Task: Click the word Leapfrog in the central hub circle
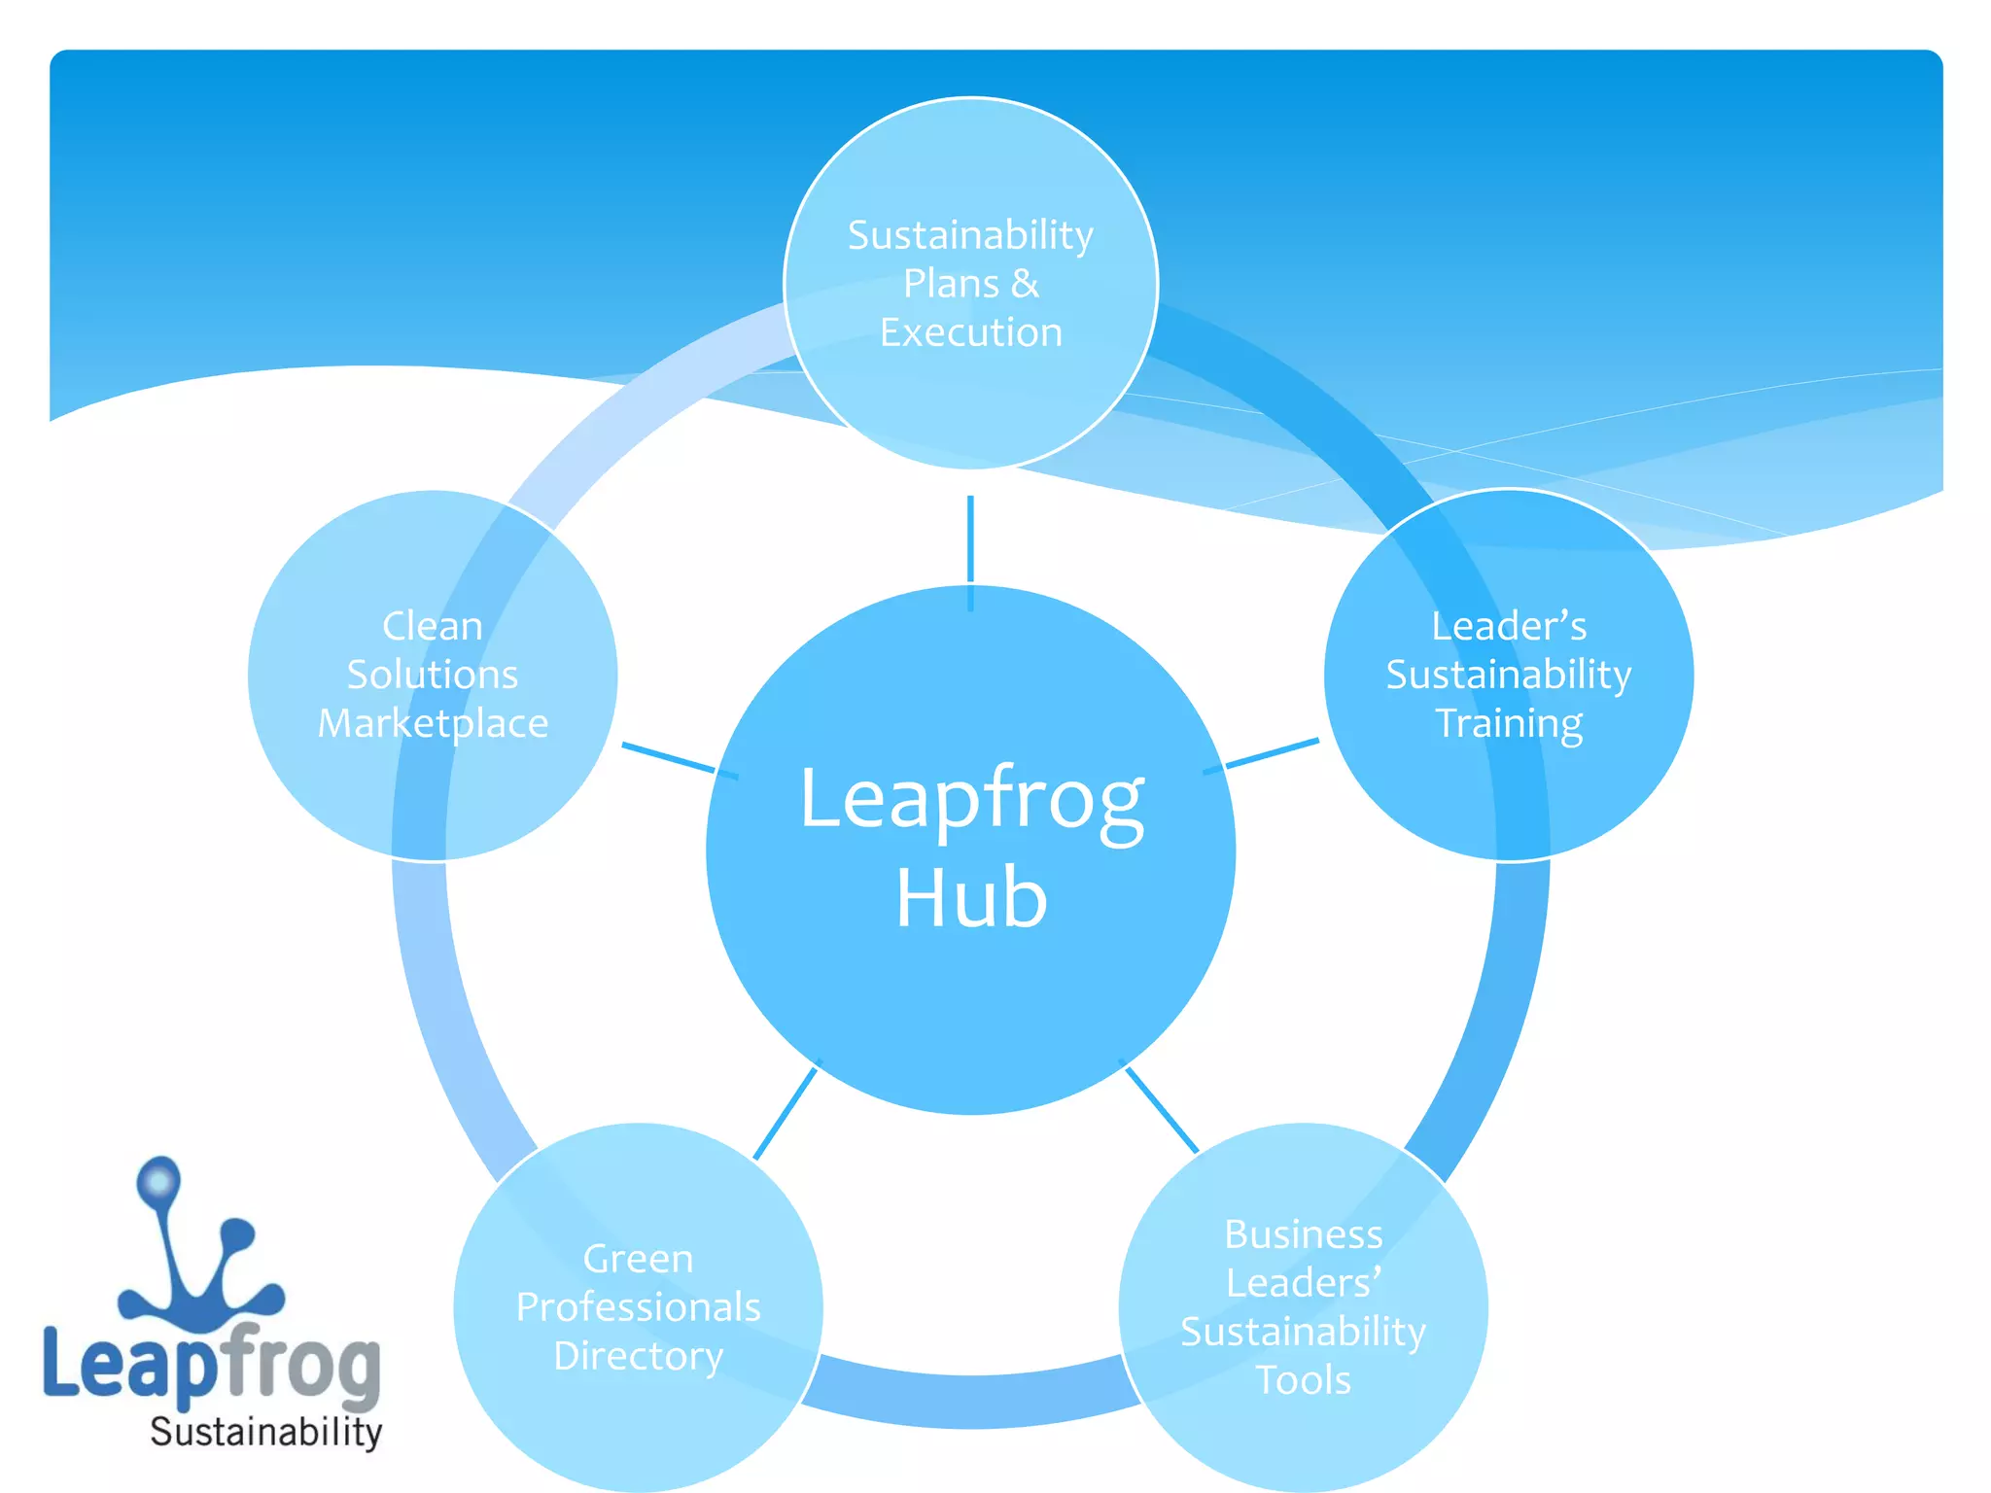click(x=971, y=799)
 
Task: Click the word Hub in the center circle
click(x=971, y=898)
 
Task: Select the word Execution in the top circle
click(x=970, y=333)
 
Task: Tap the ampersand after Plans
click(x=1025, y=285)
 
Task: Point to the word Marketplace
click(x=433, y=724)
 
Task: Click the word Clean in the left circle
click(x=433, y=626)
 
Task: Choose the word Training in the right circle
click(x=1509, y=724)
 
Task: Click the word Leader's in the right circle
click(x=1509, y=626)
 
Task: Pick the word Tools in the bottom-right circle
click(x=1303, y=1380)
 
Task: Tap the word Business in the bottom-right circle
click(x=1303, y=1234)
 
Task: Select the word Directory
click(x=638, y=1356)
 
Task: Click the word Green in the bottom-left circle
click(x=638, y=1259)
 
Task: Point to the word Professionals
click(x=638, y=1307)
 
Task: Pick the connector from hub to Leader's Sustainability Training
click(x=1269, y=754)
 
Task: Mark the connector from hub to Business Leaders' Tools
click(x=1161, y=1109)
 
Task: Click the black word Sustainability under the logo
click(x=265, y=1433)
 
